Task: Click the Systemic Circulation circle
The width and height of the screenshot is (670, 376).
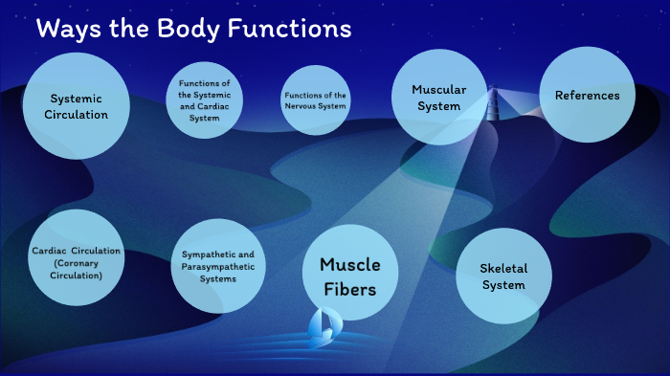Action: pos(76,105)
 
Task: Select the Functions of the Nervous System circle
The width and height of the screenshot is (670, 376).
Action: pos(315,100)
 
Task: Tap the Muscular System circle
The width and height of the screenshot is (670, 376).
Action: pos(439,97)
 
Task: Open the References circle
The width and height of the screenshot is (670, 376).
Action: pos(587,95)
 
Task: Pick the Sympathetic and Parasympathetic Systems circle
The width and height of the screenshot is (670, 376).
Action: pos(218,266)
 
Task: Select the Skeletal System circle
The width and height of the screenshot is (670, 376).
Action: pos(502,276)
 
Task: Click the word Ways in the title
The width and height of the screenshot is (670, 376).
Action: pos(65,30)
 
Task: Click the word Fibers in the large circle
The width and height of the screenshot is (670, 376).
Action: pos(349,286)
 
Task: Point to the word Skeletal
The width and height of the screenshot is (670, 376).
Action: pos(503,268)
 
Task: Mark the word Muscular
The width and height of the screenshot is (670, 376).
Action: pos(439,89)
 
